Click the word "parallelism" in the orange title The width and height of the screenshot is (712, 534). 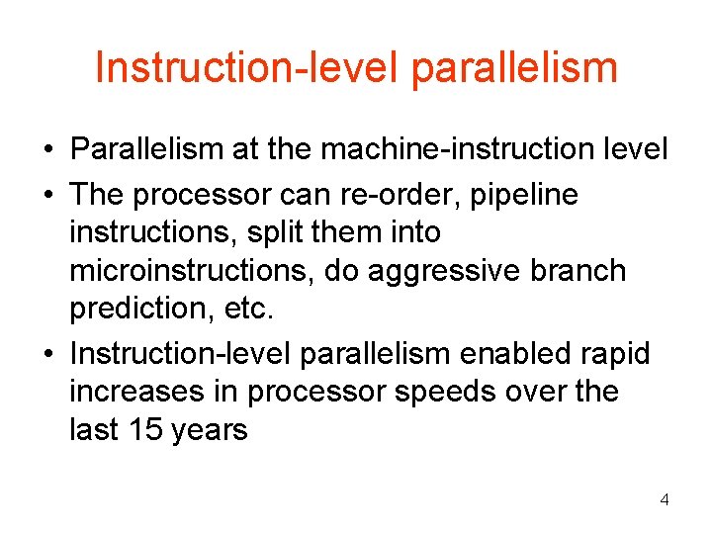(513, 68)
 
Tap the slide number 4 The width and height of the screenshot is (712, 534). (665, 499)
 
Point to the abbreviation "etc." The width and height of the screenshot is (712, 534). (246, 309)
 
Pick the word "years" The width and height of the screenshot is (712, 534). (209, 429)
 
